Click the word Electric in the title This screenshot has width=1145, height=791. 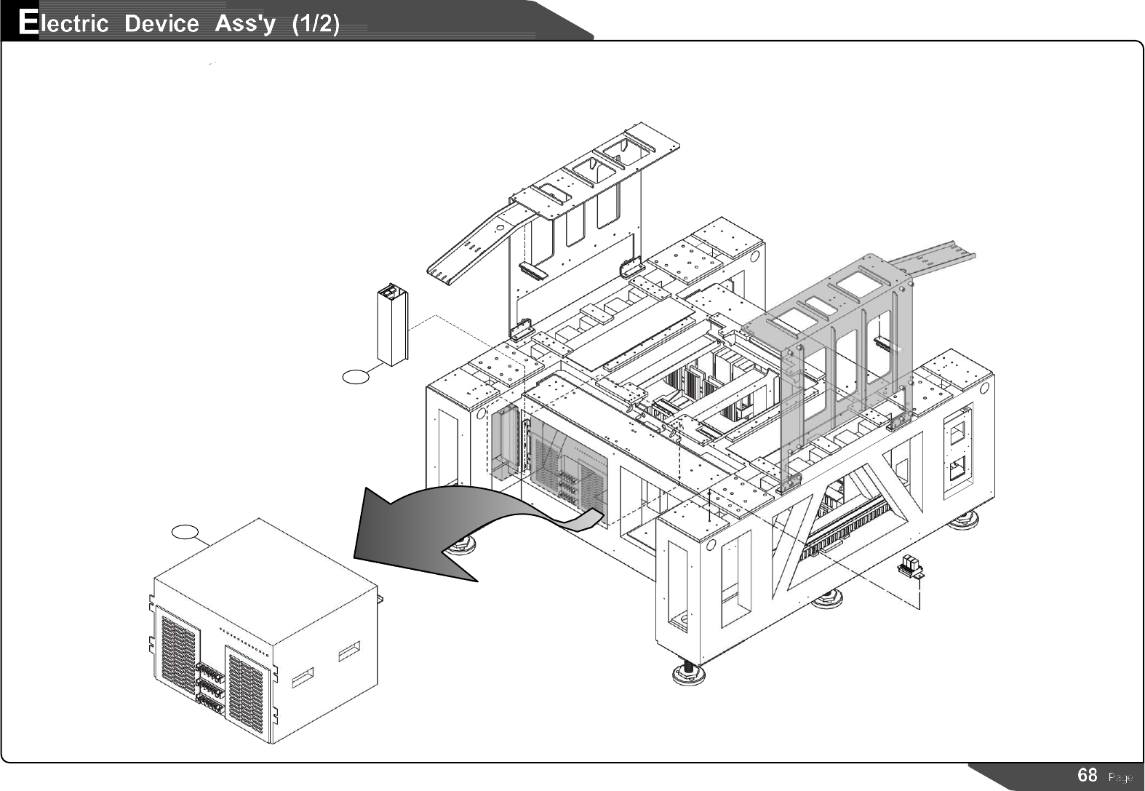[63, 23]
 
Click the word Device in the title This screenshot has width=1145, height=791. [161, 24]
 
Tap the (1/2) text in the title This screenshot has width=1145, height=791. [315, 24]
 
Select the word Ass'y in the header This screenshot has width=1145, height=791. [245, 24]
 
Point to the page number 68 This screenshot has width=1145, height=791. [1087, 775]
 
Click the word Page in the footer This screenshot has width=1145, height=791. [1120, 777]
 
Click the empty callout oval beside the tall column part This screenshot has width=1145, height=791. [356, 376]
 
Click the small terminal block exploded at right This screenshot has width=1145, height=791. [910, 565]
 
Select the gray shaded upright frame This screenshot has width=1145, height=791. [837, 364]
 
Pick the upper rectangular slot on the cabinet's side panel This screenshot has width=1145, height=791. [349, 651]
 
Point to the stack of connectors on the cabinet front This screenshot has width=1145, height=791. [210, 686]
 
